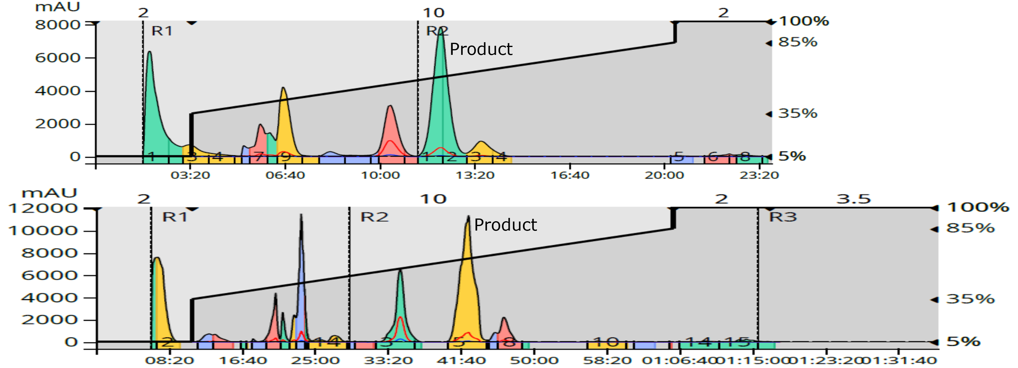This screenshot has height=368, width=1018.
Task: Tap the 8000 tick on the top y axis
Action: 58,24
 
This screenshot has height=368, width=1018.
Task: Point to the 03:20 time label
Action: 190,175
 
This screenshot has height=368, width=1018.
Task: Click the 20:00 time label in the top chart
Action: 664,175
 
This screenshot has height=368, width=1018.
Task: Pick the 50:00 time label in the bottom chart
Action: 534,360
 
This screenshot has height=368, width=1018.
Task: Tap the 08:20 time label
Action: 169,360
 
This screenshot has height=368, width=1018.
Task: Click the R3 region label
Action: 783,217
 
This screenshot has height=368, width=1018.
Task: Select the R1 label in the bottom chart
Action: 175,217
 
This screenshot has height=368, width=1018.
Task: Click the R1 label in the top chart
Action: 162,31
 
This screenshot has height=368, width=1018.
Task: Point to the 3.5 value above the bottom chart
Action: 853,199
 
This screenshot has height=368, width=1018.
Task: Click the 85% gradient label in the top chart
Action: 797,42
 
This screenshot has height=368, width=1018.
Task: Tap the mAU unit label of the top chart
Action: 57,7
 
